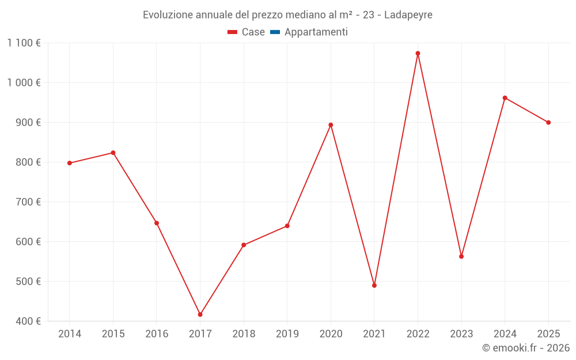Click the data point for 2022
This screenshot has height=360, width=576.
[x=418, y=54]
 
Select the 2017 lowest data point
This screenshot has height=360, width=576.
[x=200, y=314]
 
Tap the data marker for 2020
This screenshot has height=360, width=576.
[x=331, y=125]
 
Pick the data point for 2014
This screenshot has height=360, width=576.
[x=70, y=163]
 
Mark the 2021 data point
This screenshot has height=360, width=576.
[x=374, y=286]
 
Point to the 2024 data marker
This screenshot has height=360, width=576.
[x=505, y=98]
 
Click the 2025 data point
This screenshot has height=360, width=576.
[x=548, y=123]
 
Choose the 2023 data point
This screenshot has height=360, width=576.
[x=461, y=256]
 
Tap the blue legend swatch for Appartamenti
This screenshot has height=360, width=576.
[x=275, y=32]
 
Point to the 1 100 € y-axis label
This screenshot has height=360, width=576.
[x=24, y=43]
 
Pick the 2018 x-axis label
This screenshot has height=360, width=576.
[x=244, y=334]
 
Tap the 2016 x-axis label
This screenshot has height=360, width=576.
[x=157, y=334]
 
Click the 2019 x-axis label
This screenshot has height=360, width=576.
[x=287, y=334]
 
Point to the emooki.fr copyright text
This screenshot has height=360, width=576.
[x=525, y=348]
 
